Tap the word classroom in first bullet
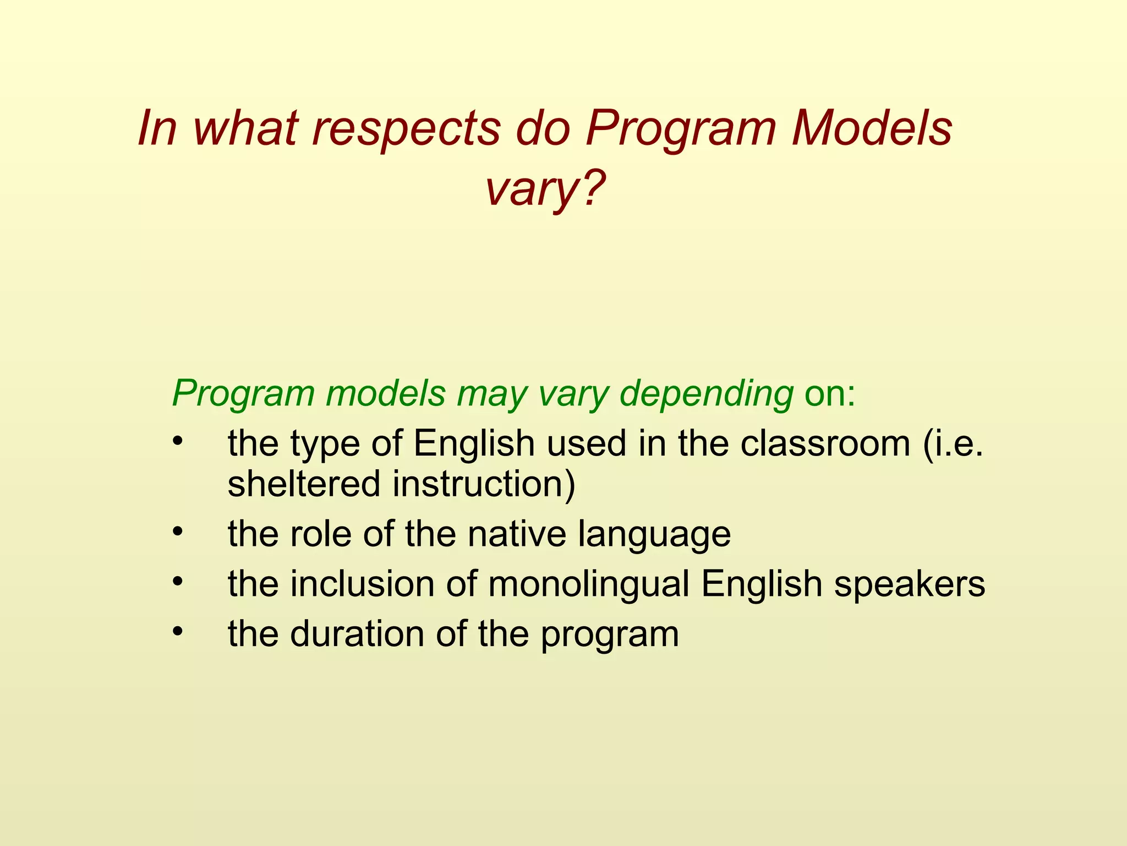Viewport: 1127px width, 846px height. point(825,443)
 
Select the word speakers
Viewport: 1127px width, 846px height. point(910,585)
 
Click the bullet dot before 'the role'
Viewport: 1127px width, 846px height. point(177,532)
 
